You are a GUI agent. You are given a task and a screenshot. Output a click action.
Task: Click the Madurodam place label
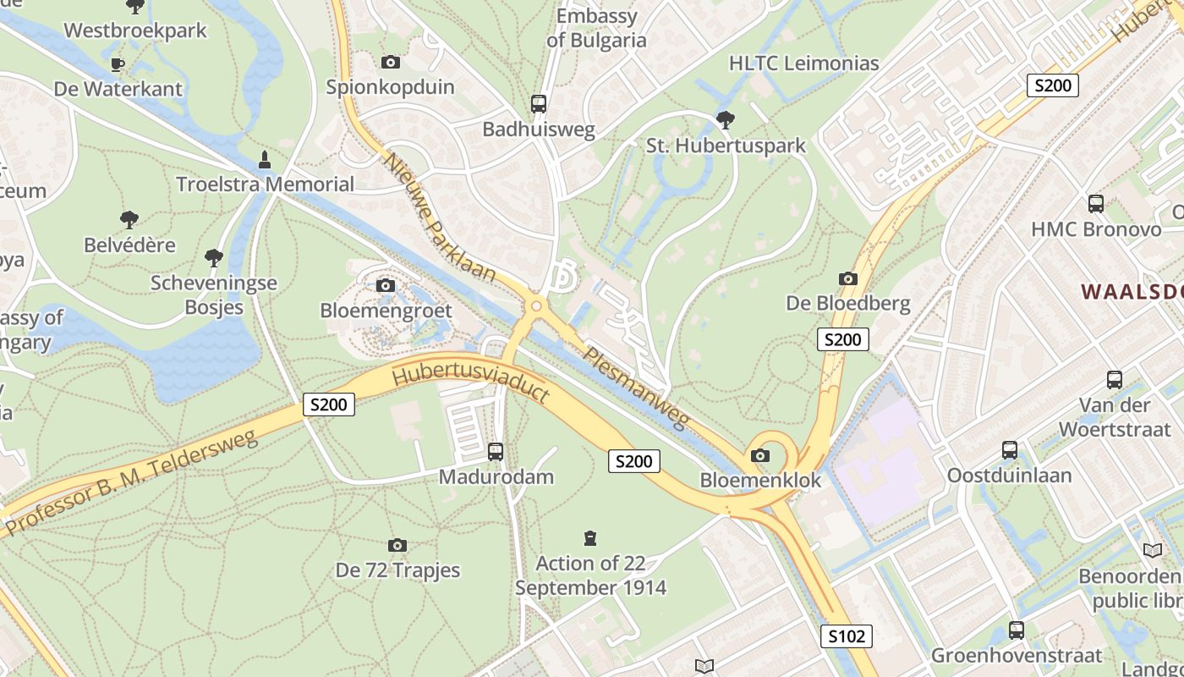tap(496, 476)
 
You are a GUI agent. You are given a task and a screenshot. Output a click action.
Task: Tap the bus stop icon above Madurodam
tap(496, 452)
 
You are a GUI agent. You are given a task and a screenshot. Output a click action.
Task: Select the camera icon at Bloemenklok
tap(760, 456)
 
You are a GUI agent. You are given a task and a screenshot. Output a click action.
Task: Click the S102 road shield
tap(846, 636)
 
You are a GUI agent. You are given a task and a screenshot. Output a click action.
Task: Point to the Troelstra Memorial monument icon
tap(265, 160)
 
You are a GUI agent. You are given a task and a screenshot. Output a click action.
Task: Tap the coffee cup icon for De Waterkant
tap(117, 64)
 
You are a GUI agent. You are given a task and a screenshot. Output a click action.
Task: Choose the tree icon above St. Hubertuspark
tap(725, 120)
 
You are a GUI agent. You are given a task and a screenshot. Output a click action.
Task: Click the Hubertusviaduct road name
tap(471, 383)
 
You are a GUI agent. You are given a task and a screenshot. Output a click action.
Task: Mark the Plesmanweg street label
tap(636, 388)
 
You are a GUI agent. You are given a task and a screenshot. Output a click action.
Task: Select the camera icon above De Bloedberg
tap(847, 278)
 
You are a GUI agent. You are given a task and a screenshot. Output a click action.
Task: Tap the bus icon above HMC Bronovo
tap(1096, 204)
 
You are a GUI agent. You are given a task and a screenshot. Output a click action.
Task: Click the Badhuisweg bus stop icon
tap(539, 104)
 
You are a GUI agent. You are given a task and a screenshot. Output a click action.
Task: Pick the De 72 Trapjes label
tap(398, 570)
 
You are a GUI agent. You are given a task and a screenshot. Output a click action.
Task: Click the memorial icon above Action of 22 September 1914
tap(590, 538)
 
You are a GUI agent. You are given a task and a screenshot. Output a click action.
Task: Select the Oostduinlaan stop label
tap(1009, 476)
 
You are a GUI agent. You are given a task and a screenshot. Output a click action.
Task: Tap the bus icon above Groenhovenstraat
tap(1017, 630)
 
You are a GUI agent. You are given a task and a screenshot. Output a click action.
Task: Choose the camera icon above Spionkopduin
tap(390, 62)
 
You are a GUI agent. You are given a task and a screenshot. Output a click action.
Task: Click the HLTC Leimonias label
tap(804, 63)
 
